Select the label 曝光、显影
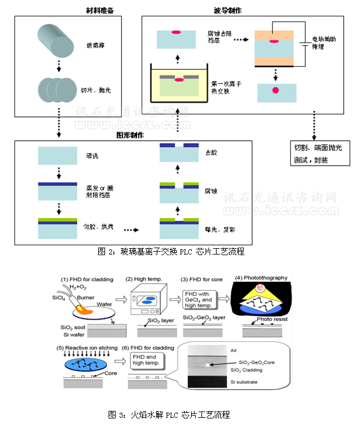(x=226, y=231)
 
